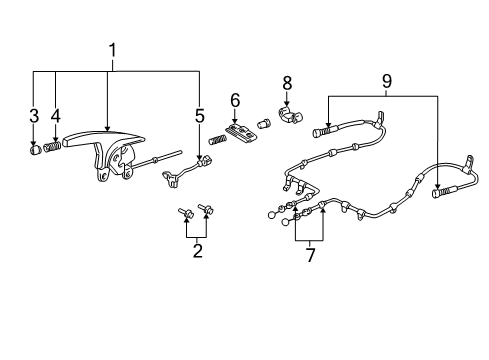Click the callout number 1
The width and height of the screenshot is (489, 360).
pyautogui.click(x=113, y=49)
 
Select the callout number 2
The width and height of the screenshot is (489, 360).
pyautogui.click(x=197, y=250)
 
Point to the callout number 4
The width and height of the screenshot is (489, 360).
pyautogui.click(x=55, y=116)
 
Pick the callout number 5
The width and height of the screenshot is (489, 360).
pyautogui.click(x=200, y=116)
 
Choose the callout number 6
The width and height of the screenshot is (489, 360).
pyautogui.click(x=235, y=101)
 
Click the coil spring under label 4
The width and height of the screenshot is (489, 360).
pyautogui.click(x=53, y=147)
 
